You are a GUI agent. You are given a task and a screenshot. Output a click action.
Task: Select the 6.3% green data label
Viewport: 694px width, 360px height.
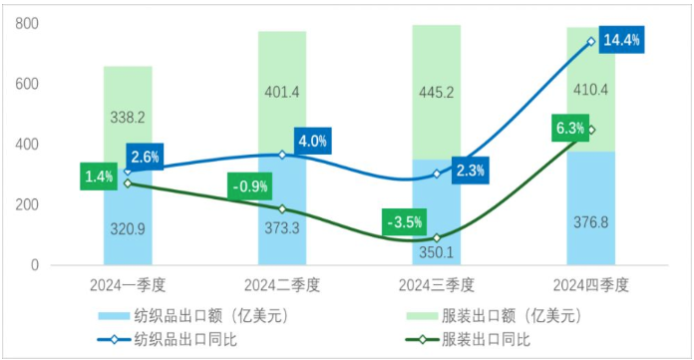coord(571,128)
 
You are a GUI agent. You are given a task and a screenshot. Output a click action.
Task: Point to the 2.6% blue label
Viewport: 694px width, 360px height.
coord(144,157)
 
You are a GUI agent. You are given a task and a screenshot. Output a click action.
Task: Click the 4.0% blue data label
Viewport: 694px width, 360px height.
coord(312,141)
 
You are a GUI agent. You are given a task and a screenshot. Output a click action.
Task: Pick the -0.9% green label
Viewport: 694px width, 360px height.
coord(248,186)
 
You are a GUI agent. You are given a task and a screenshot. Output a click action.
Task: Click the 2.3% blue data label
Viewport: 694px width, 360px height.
coord(470,171)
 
